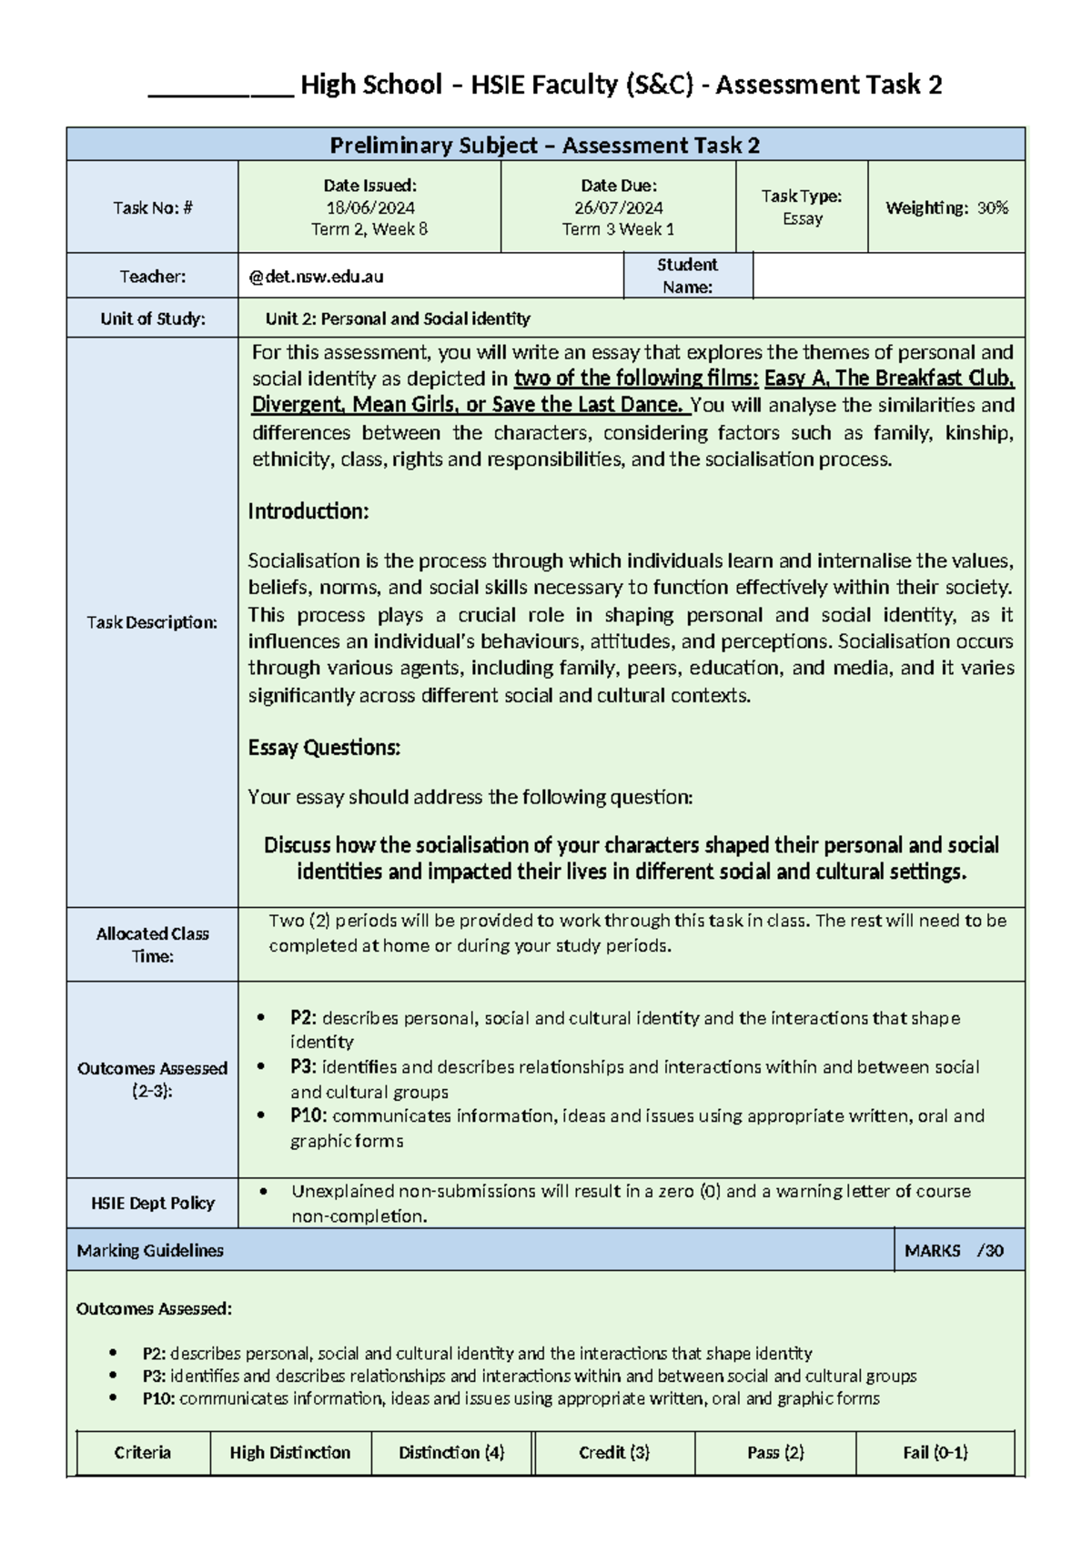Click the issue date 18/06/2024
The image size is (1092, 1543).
pyautogui.click(x=369, y=207)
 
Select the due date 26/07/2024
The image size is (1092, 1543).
pyautogui.click(x=618, y=207)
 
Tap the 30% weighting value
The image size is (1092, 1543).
pyautogui.click(x=992, y=207)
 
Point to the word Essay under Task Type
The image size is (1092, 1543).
pyautogui.click(x=802, y=218)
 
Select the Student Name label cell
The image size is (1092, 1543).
pyautogui.click(x=687, y=276)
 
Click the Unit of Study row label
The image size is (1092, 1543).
pyautogui.click(x=152, y=318)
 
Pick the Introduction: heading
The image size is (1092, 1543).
pyautogui.click(x=308, y=510)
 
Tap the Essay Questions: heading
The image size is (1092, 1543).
pyautogui.click(x=324, y=748)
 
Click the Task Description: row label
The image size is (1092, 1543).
pyautogui.click(x=152, y=622)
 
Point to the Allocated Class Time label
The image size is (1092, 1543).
pyautogui.click(x=152, y=944)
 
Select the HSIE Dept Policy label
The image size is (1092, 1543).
pyautogui.click(x=152, y=1203)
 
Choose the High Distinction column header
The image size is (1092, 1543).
pyautogui.click(x=289, y=1453)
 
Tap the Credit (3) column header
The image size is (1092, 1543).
pyautogui.click(x=614, y=1453)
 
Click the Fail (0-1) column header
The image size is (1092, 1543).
pyautogui.click(x=935, y=1453)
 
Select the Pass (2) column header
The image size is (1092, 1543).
pyautogui.click(x=775, y=1453)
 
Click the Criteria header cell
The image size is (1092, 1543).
pyautogui.click(x=142, y=1453)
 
